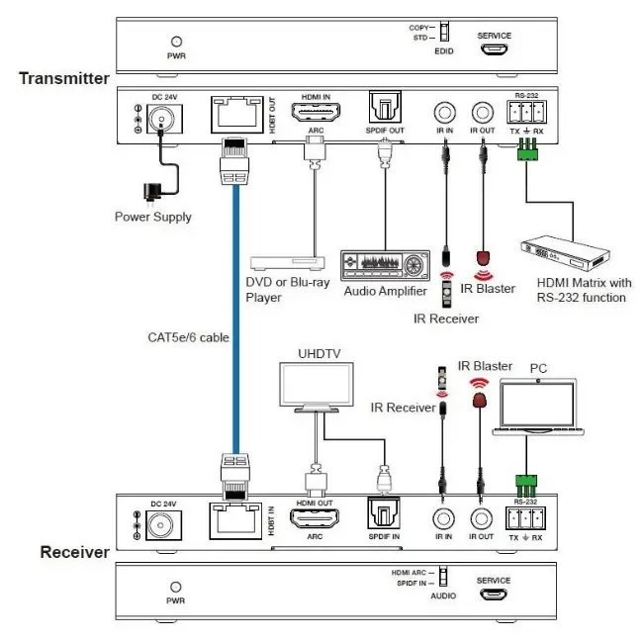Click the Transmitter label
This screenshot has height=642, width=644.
[x=63, y=78]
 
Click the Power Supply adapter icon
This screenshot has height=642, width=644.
[x=150, y=192]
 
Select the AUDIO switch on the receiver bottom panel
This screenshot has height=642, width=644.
[x=442, y=577]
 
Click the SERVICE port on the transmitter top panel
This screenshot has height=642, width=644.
[x=494, y=47]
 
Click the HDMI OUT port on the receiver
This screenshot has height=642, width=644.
[x=313, y=520]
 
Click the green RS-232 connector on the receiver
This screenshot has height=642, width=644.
[x=525, y=486]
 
